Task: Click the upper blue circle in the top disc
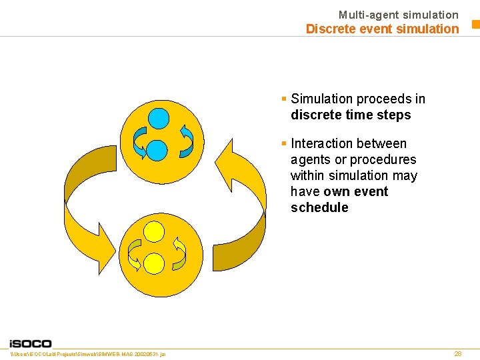(x=159, y=119)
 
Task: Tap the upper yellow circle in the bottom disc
(x=155, y=231)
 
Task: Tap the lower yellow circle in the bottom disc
(x=154, y=263)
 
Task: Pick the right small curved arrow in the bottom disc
(x=179, y=253)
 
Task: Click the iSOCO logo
(x=31, y=343)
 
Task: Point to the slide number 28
(x=457, y=353)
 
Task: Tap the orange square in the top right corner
(x=475, y=25)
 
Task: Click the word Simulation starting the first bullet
(x=321, y=99)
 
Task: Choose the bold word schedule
(x=319, y=207)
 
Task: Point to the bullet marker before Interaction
(x=284, y=143)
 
